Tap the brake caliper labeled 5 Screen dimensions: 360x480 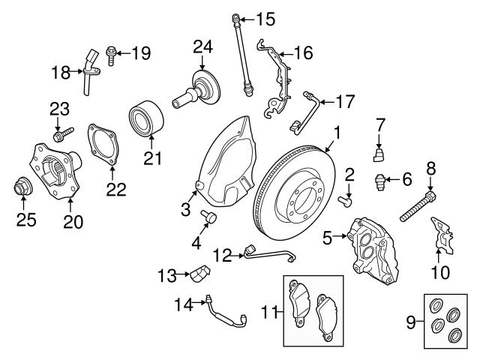373,247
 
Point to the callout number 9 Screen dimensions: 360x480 410,323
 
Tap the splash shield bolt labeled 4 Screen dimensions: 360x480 210,217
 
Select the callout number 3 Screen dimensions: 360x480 185,211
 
